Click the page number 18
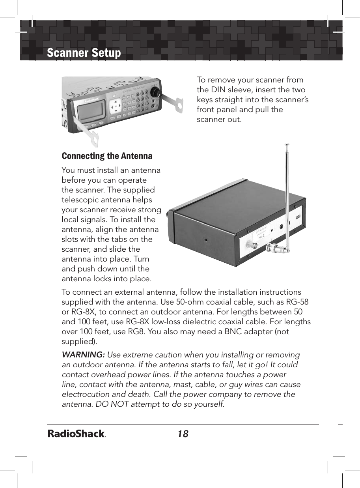point(183,434)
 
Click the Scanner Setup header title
point(84,52)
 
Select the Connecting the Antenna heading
point(107,156)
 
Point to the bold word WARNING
point(83,355)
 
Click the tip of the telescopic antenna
point(286,144)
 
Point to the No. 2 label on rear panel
point(261,237)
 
